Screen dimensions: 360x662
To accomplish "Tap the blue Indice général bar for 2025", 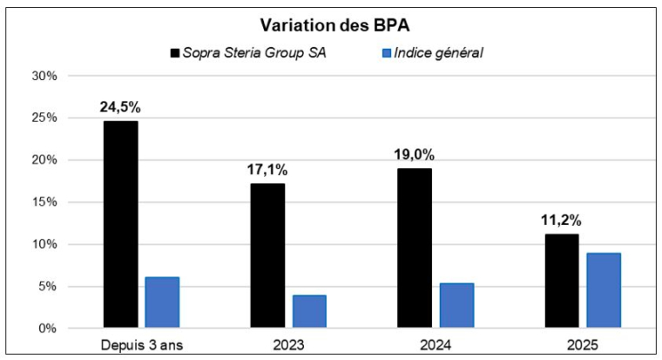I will click(604, 290).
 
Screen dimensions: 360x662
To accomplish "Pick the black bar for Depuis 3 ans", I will click(120, 224).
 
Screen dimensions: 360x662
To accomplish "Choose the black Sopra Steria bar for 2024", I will click(414, 248).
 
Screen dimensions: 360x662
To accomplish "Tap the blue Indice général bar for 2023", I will click(309, 311).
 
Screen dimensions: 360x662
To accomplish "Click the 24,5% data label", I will click(120, 107).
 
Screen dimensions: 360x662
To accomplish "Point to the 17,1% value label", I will click(267, 170).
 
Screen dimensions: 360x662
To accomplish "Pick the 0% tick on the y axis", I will click(47, 329).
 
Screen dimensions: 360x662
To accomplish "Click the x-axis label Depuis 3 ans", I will click(140, 345).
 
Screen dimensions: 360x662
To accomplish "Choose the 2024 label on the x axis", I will click(435, 345).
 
